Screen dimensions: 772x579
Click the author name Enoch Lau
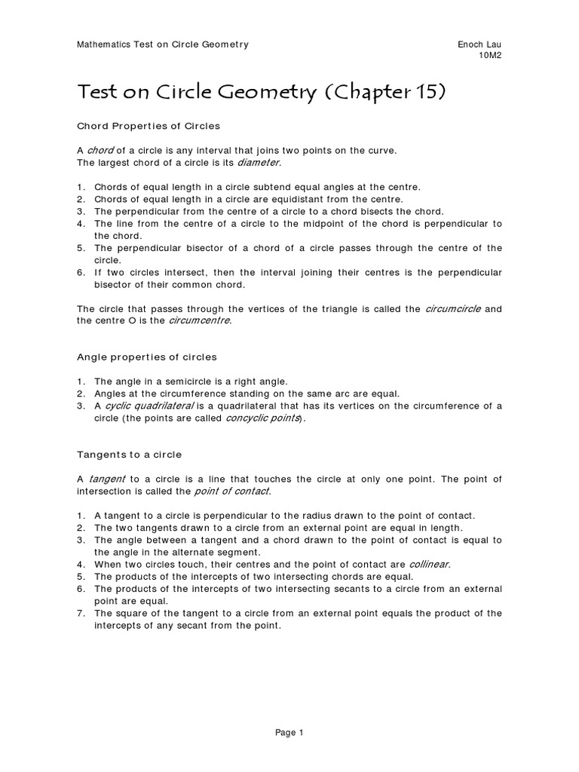479,44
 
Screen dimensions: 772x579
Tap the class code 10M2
490,57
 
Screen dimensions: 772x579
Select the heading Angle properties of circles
147,357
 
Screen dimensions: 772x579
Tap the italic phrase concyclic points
263,418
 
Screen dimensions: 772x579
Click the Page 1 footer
289,732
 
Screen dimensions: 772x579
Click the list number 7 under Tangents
81,613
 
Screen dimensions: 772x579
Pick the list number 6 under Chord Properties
81,272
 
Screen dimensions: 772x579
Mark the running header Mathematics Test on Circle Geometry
163,44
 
